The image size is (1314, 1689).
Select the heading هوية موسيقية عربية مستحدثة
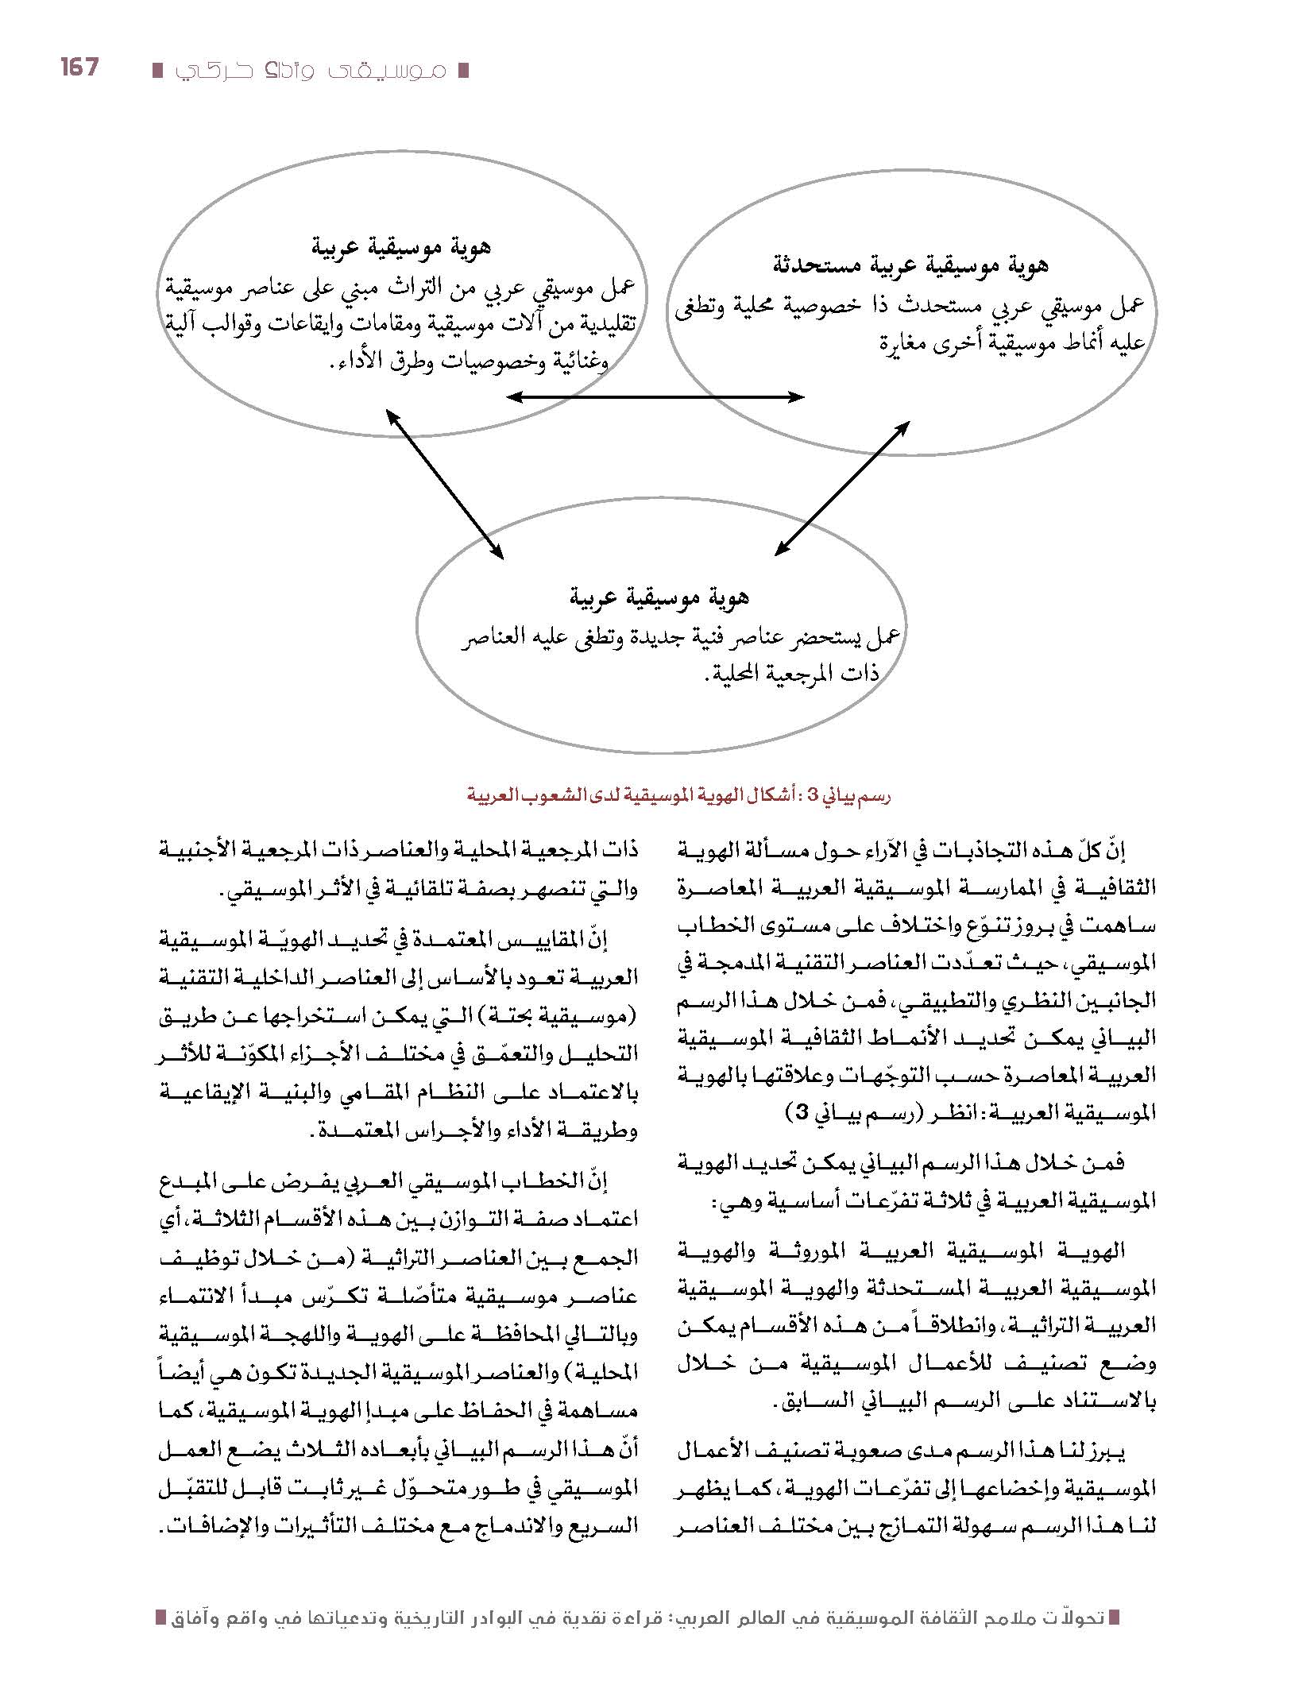click(x=909, y=265)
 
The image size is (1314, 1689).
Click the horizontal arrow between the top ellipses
click(x=656, y=396)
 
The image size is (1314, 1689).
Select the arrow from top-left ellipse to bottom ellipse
click(x=444, y=484)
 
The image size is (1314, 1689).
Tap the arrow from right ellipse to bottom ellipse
click(x=842, y=488)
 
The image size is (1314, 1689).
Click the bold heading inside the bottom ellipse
click(x=659, y=597)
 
